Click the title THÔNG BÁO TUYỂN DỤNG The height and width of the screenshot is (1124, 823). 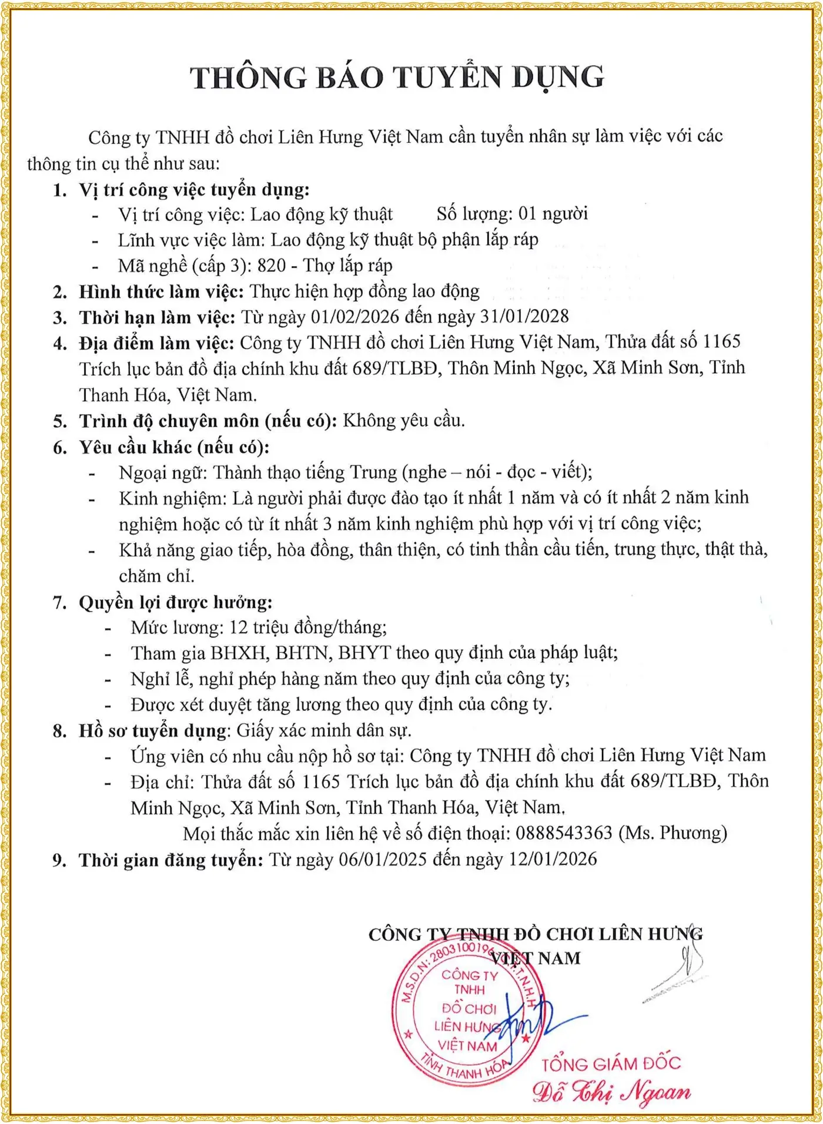click(397, 78)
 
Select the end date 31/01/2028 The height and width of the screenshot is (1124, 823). click(524, 316)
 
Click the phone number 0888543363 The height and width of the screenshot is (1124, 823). click(564, 833)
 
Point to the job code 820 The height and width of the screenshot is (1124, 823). click(271, 266)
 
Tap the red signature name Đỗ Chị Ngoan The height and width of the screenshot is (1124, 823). click(611, 1092)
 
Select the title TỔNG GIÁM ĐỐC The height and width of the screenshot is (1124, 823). click(611, 1064)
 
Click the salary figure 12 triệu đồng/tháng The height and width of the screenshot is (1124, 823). click(307, 628)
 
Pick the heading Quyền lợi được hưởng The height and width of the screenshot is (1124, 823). click(175, 602)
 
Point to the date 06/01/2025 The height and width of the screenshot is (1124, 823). click(382, 859)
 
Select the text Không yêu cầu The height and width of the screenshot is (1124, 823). click(403, 421)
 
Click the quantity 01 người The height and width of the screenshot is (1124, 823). click(553, 214)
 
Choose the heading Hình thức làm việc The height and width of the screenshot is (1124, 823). click(161, 291)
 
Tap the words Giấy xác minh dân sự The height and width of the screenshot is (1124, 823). click(323, 730)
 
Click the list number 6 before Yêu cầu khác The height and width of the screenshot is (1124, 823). click(60, 448)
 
